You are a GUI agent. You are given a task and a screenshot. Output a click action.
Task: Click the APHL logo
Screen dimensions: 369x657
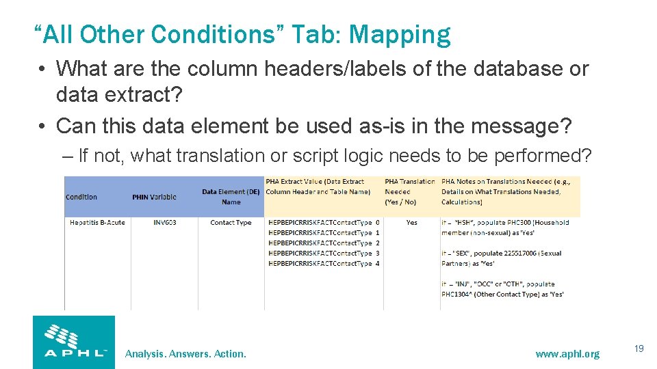[x=74, y=342]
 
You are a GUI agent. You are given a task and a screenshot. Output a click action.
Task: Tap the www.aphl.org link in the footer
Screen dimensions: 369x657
[x=567, y=353]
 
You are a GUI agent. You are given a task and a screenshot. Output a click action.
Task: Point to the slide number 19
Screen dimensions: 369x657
[x=639, y=349]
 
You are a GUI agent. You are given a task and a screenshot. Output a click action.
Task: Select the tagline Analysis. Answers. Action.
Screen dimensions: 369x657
[x=185, y=353]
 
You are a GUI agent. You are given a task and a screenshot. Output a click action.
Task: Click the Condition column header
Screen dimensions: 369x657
[x=81, y=197]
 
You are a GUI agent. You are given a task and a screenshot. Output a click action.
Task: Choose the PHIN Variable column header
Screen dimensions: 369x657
[x=154, y=197]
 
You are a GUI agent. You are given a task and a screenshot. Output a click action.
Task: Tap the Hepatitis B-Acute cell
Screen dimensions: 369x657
[x=97, y=223]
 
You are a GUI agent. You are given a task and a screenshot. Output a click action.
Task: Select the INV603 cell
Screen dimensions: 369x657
[x=165, y=223]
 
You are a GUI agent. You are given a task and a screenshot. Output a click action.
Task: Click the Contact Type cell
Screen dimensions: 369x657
[x=231, y=223]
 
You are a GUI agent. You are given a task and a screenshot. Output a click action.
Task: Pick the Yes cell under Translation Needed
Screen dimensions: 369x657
[x=411, y=223]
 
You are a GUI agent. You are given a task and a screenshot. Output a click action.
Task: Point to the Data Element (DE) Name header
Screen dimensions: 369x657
[x=231, y=197]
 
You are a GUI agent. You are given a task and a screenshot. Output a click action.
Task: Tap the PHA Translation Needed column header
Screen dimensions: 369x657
[x=409, y=191]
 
